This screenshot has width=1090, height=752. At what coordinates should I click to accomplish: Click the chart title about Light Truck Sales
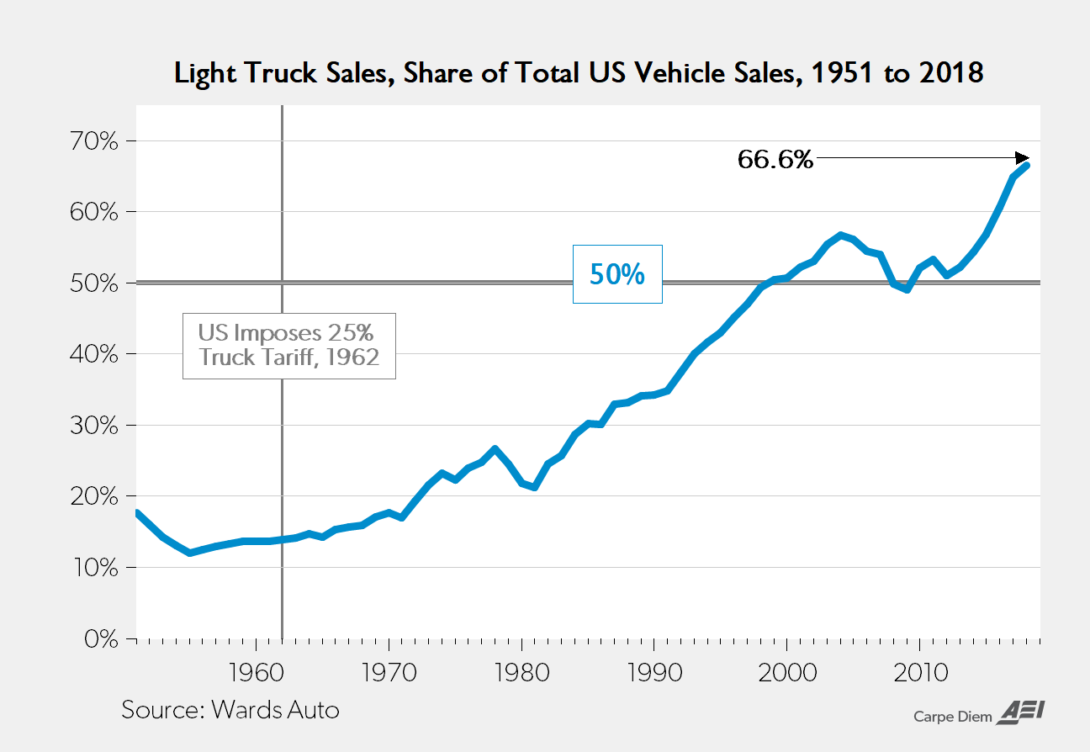pyautogui.click(x=579, y=73)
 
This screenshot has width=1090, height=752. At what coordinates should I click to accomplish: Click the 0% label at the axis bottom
pyautogui.click(x=99, y=638)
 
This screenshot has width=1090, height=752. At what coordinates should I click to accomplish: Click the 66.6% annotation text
pyautogui.click(x=775, y=159)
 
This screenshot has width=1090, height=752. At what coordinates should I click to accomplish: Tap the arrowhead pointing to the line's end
pyautogui.click(x=1022, y=157)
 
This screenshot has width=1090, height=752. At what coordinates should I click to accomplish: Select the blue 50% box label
pyautogui.click(x=617, y=274)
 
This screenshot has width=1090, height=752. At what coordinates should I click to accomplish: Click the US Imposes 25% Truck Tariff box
pyautogui.click(x=288, y=346)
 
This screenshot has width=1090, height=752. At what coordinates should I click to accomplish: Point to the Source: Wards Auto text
pyautogui.click(x=230, y=709)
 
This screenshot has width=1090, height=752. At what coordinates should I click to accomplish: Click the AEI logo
pyautogui.click(x=1020, y=712)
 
